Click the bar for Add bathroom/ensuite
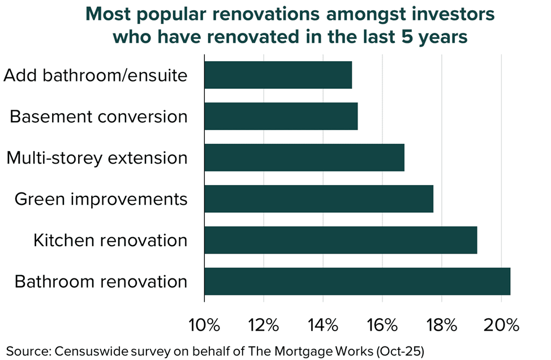[x=278, y=75]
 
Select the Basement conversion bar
[x=281, y=117]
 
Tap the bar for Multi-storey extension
[x=304, y=158]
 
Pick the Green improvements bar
[x=318, y=199]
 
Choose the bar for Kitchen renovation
[x=341, y=241]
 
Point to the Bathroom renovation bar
[x=357, y=282]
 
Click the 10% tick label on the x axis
[x=204, y=325]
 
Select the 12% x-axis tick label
[x=264, y=325]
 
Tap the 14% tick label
[x=323, y=325]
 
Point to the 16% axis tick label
[x=382, y=325]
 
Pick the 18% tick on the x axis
[x=442, y=325]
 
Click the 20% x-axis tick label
[x=501, y=325]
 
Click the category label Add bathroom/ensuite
[x=95, y=75]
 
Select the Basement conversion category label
[x=98, y=117]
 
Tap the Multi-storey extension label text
[x=97, y=158]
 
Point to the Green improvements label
[x=101, y=199]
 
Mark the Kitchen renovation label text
[x=110, y=241]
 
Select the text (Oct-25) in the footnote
[x=401, y=349]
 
